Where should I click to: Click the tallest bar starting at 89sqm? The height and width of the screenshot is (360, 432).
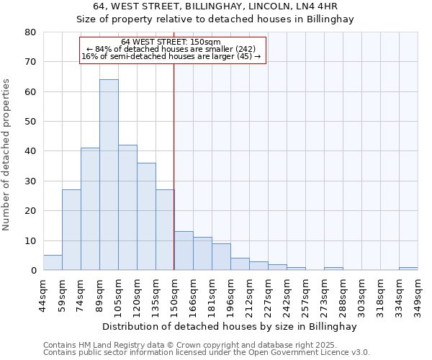(109, 175)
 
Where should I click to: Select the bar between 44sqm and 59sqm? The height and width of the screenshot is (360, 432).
(53, 263)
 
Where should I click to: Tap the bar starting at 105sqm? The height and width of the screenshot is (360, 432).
(127, 207)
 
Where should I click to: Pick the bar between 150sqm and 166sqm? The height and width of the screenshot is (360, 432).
(184, 251)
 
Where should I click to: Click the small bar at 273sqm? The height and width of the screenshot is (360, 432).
(333, 269)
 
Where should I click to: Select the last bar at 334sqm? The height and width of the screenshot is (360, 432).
(408, 269)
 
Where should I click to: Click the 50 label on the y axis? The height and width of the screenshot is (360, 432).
(30, 122)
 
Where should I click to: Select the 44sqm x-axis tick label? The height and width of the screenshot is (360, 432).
(43, 294)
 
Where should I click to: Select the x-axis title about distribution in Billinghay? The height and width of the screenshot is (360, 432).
(229, 326)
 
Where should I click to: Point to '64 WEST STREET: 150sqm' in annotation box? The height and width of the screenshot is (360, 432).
(171, 42)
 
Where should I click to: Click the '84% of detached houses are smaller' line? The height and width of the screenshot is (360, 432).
(171, 49)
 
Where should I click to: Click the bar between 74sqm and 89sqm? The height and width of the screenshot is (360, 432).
(90, 209)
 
